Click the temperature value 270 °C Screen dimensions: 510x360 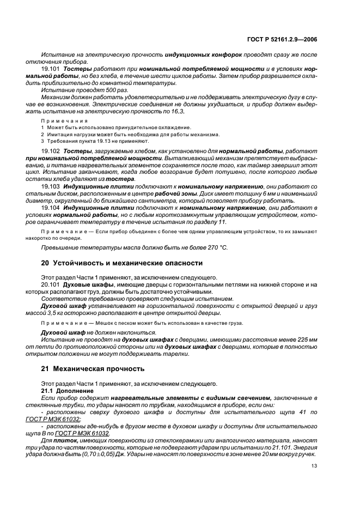point(217,248)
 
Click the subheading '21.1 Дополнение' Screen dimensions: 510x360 point(65,391)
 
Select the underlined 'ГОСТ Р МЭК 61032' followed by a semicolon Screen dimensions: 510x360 point(62,419)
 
